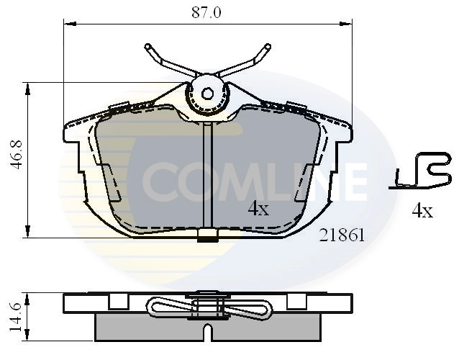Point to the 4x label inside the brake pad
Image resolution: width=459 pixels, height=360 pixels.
pos(258,210)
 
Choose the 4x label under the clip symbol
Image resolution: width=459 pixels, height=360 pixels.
pos(421,211)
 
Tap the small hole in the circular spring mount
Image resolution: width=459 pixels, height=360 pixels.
pos(207,93)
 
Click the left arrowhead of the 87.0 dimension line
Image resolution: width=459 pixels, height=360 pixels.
pos(68,24)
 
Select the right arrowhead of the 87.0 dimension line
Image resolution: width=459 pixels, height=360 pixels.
pos(350,24)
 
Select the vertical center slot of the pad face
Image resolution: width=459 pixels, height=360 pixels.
pos(207,173)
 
